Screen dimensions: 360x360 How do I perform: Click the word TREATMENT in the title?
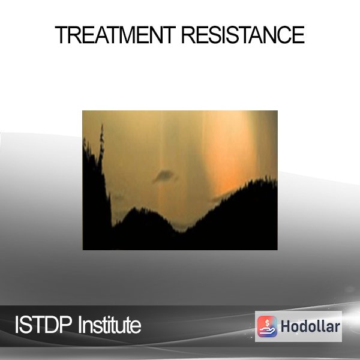(115, 35)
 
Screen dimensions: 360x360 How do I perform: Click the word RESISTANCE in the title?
(243, 35)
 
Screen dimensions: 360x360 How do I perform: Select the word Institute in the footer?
(110, 325)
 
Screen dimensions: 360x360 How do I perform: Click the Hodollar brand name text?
(310, 326)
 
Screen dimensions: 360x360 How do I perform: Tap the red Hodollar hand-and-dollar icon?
(267, 326)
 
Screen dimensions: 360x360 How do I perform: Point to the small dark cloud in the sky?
(164, 176)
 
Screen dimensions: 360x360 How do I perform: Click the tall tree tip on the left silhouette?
(102, 125)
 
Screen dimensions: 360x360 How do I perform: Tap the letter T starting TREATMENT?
(61, 35)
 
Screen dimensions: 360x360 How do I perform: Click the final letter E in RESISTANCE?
(299, 35)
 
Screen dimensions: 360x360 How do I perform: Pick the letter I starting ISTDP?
(17, 325)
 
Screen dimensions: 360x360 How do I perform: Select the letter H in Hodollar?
(286, 326)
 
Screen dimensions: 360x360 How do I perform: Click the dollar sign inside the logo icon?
(267, 323)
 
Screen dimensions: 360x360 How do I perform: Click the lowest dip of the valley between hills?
(182, 232)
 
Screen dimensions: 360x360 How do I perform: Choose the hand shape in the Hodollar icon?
(267, 331)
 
